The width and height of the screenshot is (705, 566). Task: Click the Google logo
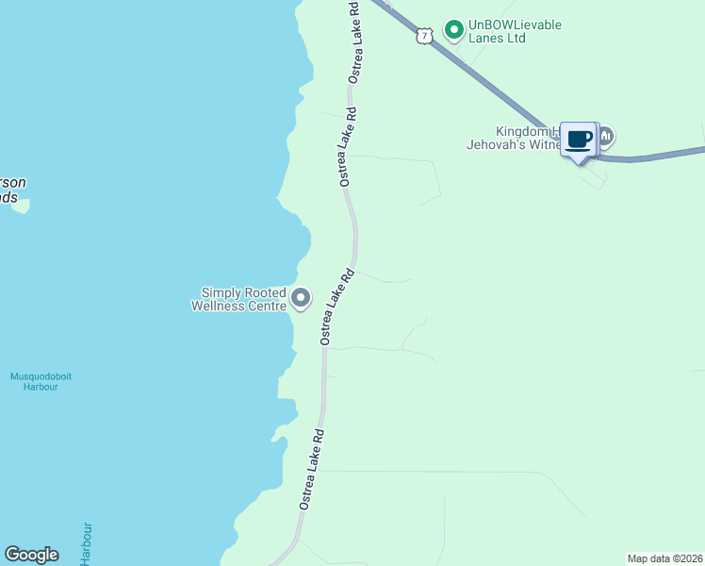31,555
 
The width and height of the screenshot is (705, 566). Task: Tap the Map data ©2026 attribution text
664,558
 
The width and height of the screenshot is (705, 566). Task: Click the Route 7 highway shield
425,36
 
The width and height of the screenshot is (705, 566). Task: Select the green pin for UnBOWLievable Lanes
453,30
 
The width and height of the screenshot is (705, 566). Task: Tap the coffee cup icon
579,140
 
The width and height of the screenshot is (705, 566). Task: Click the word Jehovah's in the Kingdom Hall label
502,145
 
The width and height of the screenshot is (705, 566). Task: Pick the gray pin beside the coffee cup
605,137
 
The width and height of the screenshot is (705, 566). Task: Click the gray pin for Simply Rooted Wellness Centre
301,299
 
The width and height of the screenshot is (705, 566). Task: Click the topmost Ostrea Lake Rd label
354,42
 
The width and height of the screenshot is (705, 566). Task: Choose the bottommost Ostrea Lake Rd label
313,470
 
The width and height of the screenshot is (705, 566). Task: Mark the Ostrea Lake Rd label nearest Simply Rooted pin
336,307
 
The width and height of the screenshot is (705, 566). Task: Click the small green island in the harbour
20,204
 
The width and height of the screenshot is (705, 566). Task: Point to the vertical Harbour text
88,543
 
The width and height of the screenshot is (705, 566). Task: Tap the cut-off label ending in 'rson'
13,182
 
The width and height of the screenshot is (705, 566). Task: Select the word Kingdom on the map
522,132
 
